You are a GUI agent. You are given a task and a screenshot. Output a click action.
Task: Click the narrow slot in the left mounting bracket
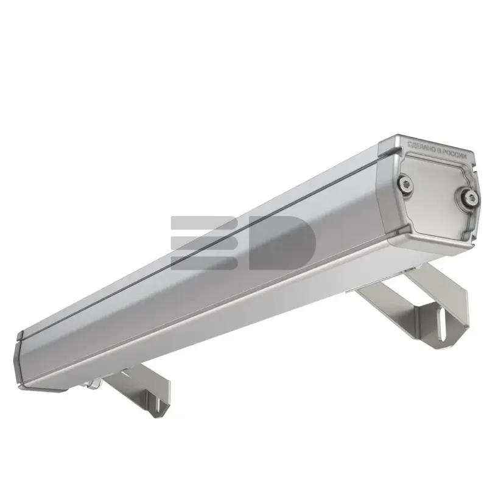[x=159, y=406]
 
